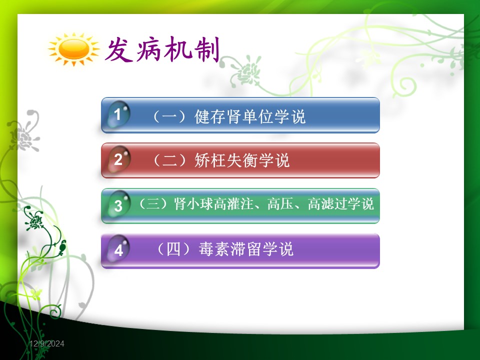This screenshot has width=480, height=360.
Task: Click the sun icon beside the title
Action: (x=74, y=49)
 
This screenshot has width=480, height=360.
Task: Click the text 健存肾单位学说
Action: (x=250, y=116)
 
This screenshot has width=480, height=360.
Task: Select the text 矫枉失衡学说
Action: (x=242, y=160)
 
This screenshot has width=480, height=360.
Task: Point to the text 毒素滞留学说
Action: (x=246, y=249)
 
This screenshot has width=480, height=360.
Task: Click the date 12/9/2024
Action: (x=47, y=344)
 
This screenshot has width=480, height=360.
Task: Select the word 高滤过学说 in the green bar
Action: (x=340, y=204)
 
